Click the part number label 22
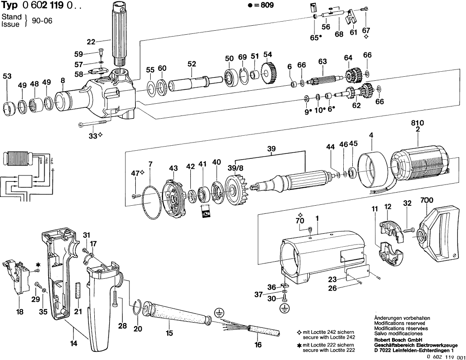pyautogui.click(x=91, y=42)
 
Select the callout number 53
pyautogui.click(x=7, y=76)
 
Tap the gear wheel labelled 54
pyautogui.click(x=268, y=71)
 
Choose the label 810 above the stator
pyautogui.click(x=417, y=123)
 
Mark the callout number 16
pyautogui.click(x=258, y=346)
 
